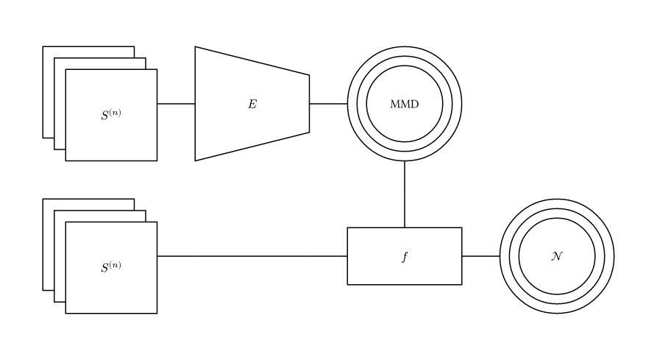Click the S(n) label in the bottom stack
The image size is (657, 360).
pos(110,267)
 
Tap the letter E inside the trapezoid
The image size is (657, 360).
pos(252,104)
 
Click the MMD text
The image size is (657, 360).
pos(404,104)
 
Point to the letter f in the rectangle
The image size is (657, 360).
pos(405,257)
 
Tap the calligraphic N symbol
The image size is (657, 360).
pos(557,256)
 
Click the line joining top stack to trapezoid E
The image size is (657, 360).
pos(176,104)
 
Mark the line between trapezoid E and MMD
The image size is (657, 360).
pos(328,104)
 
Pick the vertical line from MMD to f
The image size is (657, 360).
pos(405,194)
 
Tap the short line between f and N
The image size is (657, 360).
pos(480,256)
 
